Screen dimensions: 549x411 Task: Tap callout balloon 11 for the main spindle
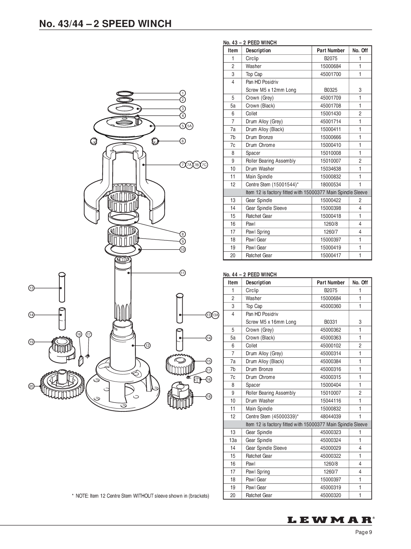coord(183,273)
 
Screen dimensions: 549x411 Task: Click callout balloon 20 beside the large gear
coord(31,387)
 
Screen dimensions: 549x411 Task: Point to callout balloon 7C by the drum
coord(204,165)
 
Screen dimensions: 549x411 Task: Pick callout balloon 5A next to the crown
coord(190,126)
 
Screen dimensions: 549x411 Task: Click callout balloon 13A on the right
coord(216,315)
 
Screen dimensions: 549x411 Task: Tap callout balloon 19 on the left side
coord(31,342)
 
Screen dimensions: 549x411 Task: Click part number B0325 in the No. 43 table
coord(330,90)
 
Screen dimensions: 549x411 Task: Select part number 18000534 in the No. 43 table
coord(330,185)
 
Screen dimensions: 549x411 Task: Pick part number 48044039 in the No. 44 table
coord(330,416)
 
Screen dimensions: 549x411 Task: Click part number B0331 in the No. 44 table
coord(330,322)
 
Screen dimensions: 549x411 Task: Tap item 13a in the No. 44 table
coord(233,440)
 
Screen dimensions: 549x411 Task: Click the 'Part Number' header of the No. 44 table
coord(330,283)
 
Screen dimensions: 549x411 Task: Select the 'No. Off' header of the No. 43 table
coord(360,50)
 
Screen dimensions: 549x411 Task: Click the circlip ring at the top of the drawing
coord(125,93)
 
